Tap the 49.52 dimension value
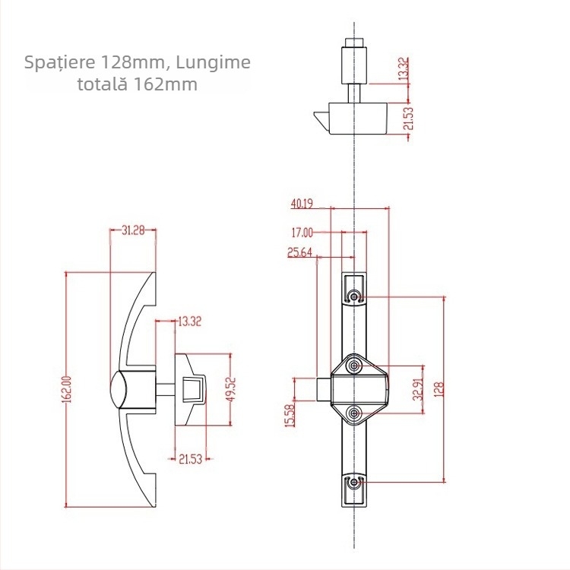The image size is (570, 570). tap(230, 388)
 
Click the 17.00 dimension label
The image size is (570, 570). tap(302, 233)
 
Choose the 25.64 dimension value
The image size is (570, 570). tap(300, 253)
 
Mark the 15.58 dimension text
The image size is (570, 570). tap(289, 415)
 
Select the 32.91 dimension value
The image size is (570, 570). tap(416, 389)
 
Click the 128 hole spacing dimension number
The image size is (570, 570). tap(439, 389)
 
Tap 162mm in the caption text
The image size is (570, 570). tap(166, 84)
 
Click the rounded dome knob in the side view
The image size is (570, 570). tap(119, 389)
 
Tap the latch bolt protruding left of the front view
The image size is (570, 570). tap(323, 389)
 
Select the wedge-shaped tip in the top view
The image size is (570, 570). tap(321, 119)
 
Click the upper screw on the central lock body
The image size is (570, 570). tap(354, 367)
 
